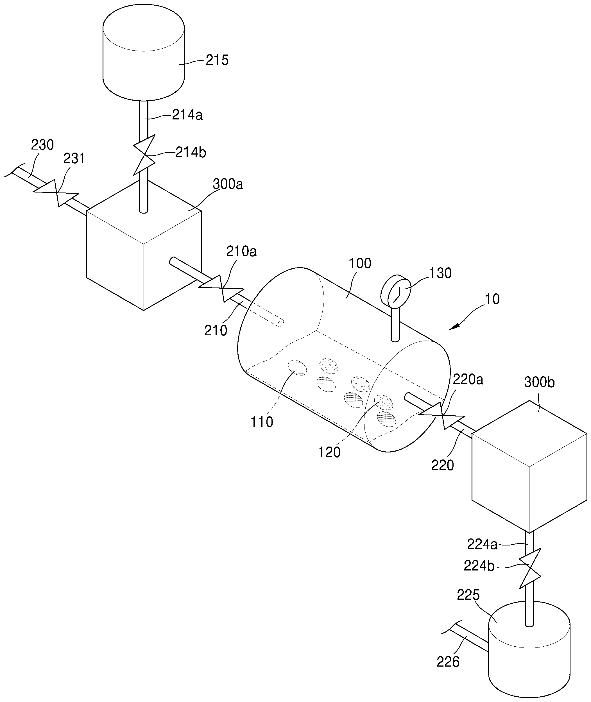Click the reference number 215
pyautogui.click(x=217, y=60)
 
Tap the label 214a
pyautogui.click(x=187, y=115)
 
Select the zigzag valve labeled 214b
pyautogui.click(x=144, y=155)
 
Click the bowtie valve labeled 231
pyautogui.click(x=56, y=193)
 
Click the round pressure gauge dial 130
pyautogui.click(x=396, y=291)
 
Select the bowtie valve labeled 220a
pyautogui.click(x=441, y=416)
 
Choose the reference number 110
pyautogui.click(x=262, y=422)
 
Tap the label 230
pyautogui.click(x=42, y=145)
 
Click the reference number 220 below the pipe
pyautogui.click(x=442, y=465)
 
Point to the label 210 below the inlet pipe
pyautogui.click(x=216, y=331)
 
